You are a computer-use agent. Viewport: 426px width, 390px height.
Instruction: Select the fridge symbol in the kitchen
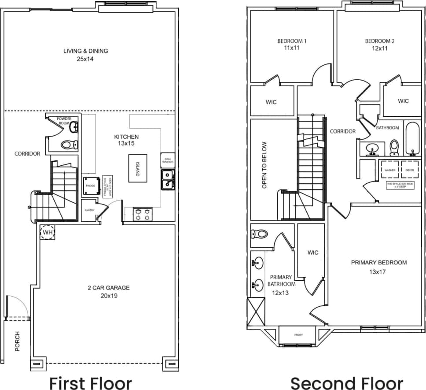tap(90, 186)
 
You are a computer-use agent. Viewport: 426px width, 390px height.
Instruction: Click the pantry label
tap(89, 210)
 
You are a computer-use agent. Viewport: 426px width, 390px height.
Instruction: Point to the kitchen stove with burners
tap(143, 214)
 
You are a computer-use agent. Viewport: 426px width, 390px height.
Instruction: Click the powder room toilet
tap(69, 144)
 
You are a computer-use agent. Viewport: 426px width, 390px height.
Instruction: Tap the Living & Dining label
tap(85, 51)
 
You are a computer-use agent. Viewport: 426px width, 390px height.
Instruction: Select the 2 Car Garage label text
tap(108, 288)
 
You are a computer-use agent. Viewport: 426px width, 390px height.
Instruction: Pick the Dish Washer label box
tap(168, 161)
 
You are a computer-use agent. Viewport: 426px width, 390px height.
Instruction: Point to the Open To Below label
tap(264, 165)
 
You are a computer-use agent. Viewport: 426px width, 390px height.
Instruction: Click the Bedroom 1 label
tap(292, 41)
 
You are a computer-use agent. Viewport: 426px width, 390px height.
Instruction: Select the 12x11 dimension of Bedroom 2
tap(379, 48)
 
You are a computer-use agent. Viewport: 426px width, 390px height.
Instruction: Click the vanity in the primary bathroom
tap(298, 335)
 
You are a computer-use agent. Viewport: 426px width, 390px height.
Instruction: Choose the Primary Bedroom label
tap(378, 263)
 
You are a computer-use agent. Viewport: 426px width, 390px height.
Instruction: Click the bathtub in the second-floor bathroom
tap(413, 138)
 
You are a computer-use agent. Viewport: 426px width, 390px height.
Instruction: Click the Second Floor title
tap(347, 382)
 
